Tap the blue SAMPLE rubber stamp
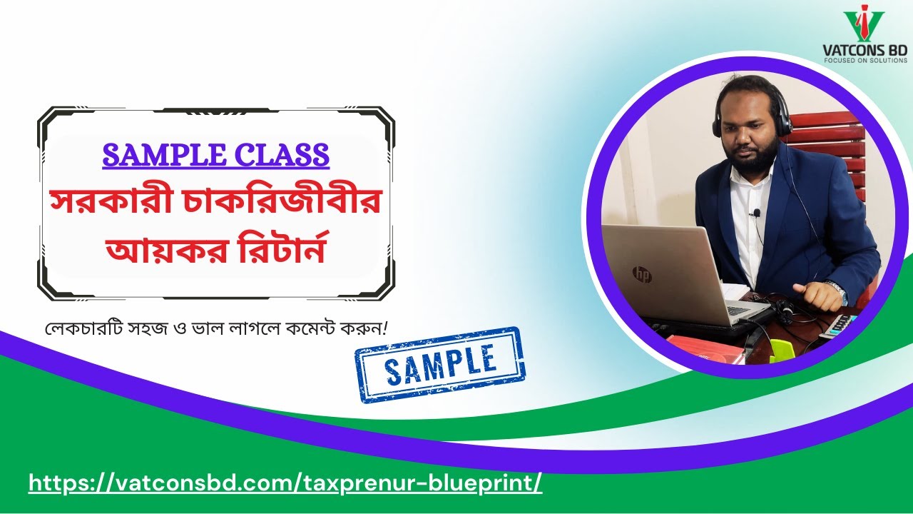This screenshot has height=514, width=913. [x=439, y=364]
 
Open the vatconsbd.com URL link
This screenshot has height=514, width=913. [x=285, y=483]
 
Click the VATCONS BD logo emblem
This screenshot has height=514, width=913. [x=863, y=25]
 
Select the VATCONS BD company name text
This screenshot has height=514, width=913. [x=864, y=51]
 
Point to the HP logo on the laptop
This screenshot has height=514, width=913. [x=641, y=274]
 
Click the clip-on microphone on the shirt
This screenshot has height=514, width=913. [x=756, y=213]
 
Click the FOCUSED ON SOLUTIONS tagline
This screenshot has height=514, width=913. [x=865, y=61]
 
